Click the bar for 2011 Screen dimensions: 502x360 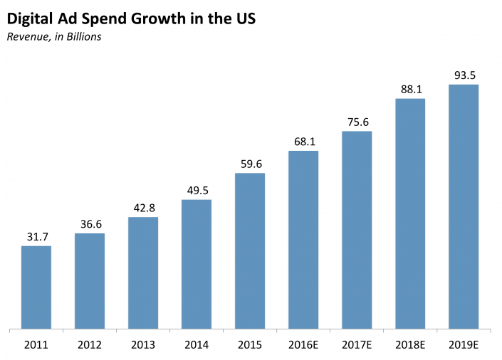click(x=36, y=287)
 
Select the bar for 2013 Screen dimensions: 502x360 click(x=143, y=273)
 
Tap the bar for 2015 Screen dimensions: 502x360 click(x=250, y=251)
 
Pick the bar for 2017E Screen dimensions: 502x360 click(x=357, y=230)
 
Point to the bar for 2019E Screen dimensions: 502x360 click(x=464, y=207)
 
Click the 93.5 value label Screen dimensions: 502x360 click(x=465, y=75)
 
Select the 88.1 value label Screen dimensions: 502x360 click(x=412, y=89)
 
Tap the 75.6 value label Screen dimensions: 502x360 click(x=358, y=122)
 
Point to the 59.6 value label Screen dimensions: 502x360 click(x=251, y=164)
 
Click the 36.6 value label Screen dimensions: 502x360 click(x=91, y=224)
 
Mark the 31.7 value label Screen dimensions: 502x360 click(x=38, y=237)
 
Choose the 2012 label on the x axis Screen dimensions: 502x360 click(x=89, y=345)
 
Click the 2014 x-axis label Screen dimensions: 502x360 click(x=197, y=345)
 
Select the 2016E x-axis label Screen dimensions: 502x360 click(x=303, y=345)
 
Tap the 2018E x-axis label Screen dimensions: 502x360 click(x=410, y=345)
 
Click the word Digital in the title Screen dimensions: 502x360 click(x=29, y=19)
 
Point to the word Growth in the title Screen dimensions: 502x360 click(x=158, y=18)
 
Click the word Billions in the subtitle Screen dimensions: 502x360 click(x=84, y=37)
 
